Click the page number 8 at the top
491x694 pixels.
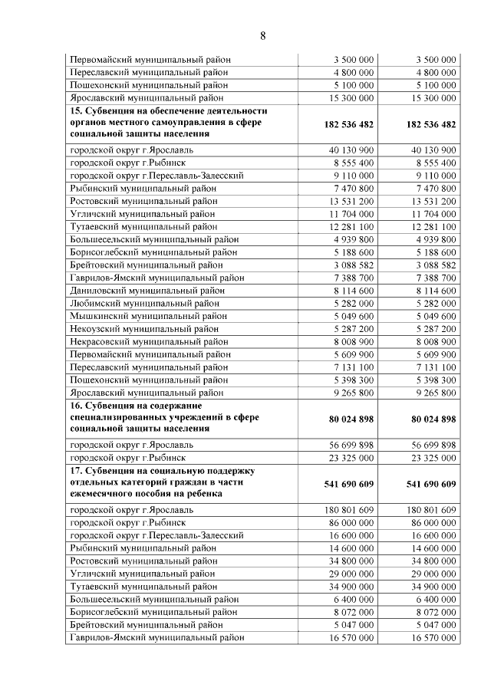[262, 36]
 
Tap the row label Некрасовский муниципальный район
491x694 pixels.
[149, 341]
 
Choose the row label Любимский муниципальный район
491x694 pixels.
[143, 303]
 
